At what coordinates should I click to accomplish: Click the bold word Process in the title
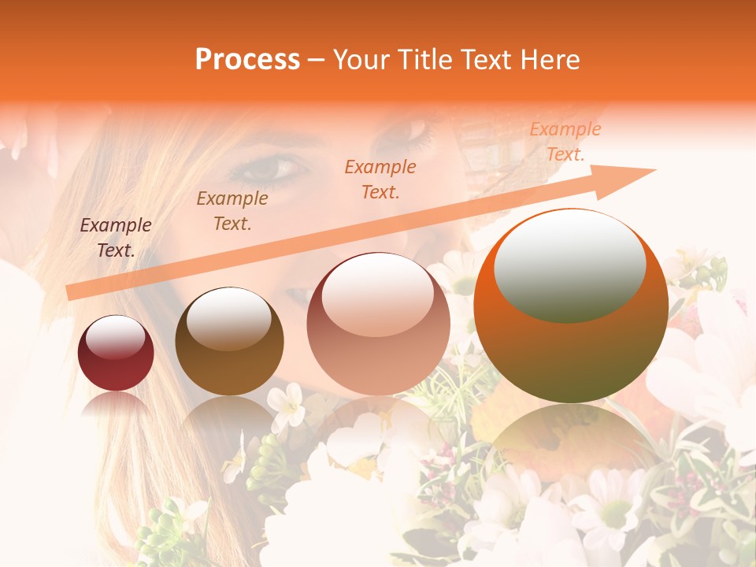[247, 60]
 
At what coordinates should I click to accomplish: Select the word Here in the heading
[548, 60]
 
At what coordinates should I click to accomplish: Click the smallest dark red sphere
[116, 354]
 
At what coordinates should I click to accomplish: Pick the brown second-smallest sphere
[229, 341]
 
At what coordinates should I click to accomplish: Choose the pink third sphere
[378, 324]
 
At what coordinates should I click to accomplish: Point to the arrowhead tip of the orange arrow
[654, 169]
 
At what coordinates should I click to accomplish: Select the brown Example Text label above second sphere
[232, 211]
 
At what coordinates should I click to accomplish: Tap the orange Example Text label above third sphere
[380, 179]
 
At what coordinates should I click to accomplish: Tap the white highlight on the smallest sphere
[116, 338]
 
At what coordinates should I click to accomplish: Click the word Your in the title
[360, 60]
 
